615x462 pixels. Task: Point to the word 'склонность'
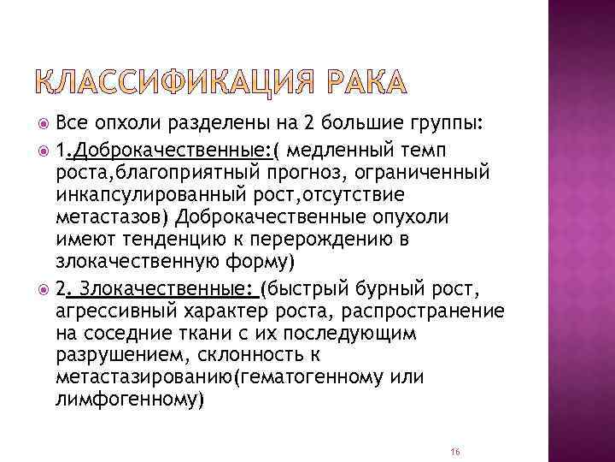(255, 353)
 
